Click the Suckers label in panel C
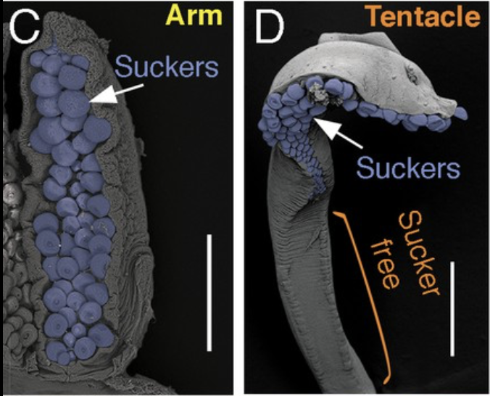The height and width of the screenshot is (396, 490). click(166, 67)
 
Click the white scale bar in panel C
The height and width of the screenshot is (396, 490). click(209, 291)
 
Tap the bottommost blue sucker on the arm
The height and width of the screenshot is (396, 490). click(67, 355)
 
